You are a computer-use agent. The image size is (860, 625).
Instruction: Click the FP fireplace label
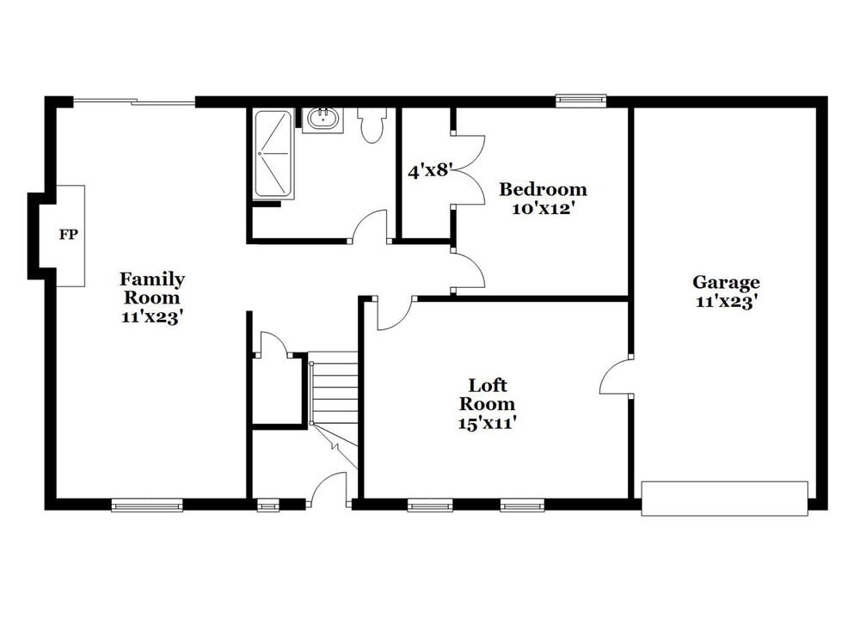click(68, 235)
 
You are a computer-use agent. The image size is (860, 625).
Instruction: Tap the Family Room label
click(151, 297)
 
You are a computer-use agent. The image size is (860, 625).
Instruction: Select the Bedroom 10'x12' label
click(543, 199)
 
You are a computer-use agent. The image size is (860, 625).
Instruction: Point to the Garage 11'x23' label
click(726, 291)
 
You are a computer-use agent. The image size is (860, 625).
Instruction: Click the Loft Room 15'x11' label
click(487, 403)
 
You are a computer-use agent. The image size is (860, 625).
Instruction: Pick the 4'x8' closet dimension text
click(429, 170)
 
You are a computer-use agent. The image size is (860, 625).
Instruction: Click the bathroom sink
click(323, 119)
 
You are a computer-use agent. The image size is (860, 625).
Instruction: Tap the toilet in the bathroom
click(372, 126)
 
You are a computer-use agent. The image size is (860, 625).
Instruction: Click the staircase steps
click(335, 388)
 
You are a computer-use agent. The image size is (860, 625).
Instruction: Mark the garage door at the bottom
click(724, 499)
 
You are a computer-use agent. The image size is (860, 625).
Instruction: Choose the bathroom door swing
click(370, 227)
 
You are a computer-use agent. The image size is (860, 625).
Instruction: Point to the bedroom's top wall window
click(580, 101)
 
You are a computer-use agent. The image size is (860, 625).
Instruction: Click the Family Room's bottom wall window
click(147, 506)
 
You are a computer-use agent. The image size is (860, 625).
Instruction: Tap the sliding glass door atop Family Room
click(134, 102)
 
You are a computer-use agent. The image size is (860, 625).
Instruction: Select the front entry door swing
click(328, 491)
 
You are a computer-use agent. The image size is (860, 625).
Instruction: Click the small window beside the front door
click(268, 506)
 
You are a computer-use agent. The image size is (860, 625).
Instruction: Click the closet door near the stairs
click(273, 344)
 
